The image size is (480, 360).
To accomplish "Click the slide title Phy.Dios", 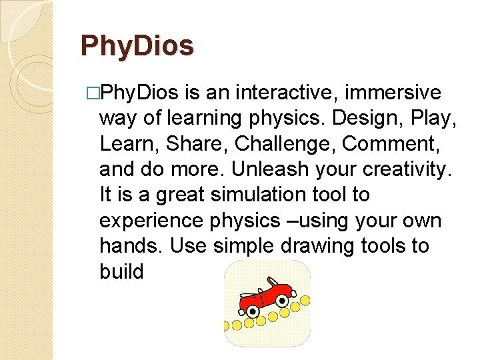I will click(137, 46).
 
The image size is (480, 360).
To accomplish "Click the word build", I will click(122, 272).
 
